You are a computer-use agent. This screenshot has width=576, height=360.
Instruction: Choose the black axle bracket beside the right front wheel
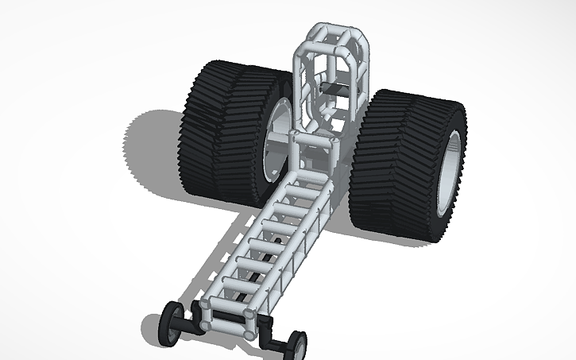(274, 342)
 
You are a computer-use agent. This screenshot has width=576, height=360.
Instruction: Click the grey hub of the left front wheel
(169, 324)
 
